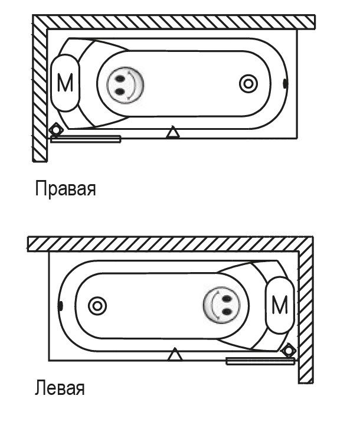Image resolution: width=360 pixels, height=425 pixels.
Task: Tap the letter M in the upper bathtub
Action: [x=66, y=84]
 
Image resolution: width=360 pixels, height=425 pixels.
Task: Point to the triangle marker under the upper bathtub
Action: [x=172, y=133]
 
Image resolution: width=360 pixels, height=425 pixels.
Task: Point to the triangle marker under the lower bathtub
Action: [x=175, y=355]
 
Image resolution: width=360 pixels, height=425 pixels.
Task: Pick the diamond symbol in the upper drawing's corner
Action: [x=55, y=129]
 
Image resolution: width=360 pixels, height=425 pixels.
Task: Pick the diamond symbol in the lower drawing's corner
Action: [x=289, y=351]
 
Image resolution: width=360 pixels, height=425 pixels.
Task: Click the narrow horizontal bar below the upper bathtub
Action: [x=86, y=139]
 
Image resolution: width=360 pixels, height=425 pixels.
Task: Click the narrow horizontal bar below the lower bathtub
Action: [x=260, y=361]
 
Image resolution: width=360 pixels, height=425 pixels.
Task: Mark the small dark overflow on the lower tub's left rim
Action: [x=61, y=306]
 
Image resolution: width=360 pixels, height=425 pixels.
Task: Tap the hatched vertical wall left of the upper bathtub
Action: [x=40, y=89]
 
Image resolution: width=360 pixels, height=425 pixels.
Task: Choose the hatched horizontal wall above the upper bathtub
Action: [x=177, y=22]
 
